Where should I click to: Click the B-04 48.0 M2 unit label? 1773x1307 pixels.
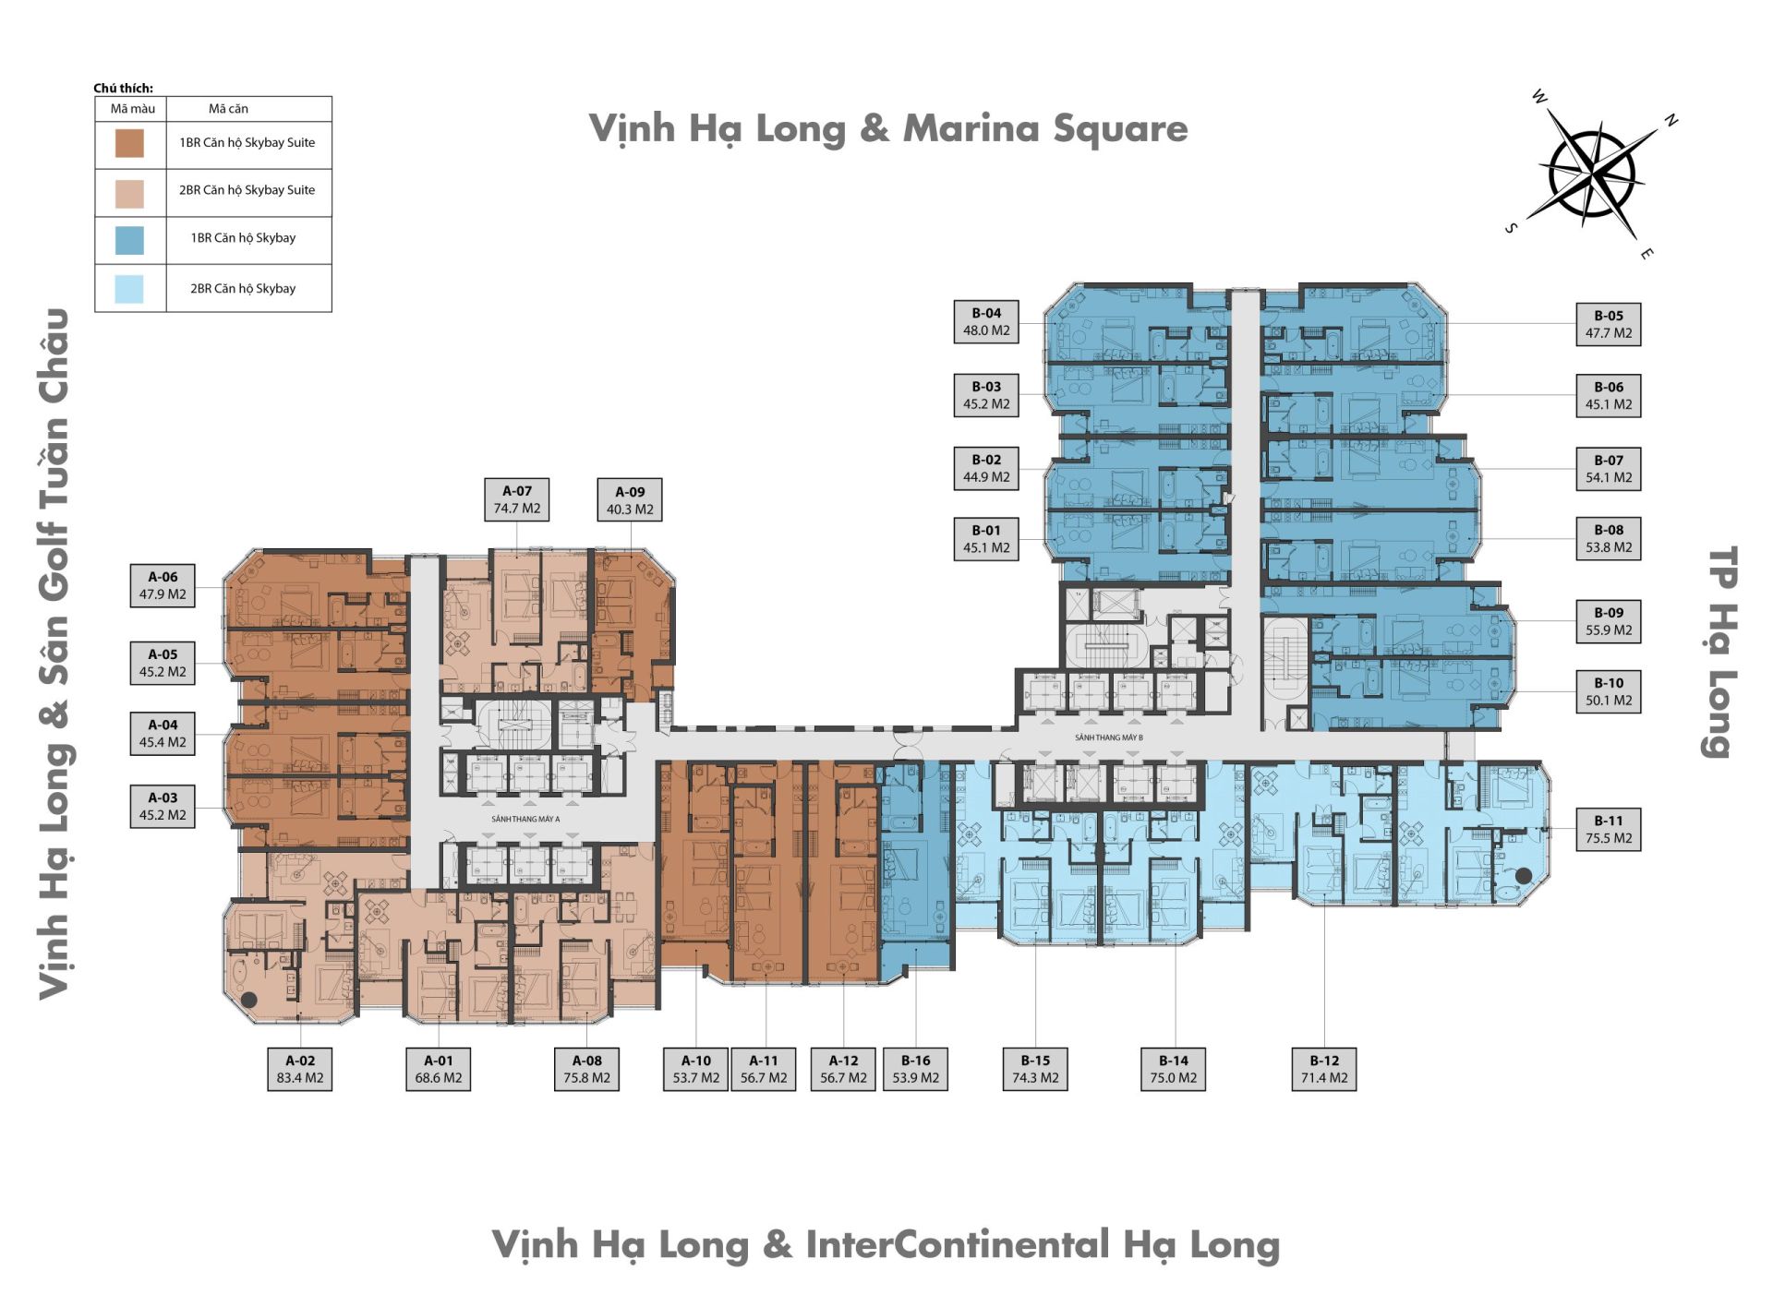point(986,321)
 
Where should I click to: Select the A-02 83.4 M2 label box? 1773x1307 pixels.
point(300,1069)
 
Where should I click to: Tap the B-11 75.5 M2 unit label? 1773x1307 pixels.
point(1609,829)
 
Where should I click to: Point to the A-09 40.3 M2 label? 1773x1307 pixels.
point(630,500)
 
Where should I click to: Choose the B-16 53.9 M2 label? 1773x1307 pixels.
point(916,1069)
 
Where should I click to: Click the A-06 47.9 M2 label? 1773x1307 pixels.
point(163,585)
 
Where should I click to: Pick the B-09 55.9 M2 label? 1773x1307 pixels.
point(1609,621)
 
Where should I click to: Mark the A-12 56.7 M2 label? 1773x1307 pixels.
point(844,1069)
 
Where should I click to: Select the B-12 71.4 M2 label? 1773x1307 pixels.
point(1324,1069)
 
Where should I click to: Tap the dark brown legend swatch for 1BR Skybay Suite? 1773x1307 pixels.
point(129,144)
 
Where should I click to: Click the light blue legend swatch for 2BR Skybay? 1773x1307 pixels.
point(129,289)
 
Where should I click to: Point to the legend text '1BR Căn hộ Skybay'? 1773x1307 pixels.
point(243,238)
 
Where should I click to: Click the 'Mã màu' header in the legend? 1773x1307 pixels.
point(133,109)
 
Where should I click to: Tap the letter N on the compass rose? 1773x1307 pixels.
point(1670,120)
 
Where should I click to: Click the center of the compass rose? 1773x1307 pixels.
point(1591,173)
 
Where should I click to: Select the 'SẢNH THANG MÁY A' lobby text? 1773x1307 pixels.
point(525,820)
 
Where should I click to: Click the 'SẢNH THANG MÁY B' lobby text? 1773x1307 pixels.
point(1109,737)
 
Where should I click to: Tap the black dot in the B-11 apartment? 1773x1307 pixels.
point(1524,875)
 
